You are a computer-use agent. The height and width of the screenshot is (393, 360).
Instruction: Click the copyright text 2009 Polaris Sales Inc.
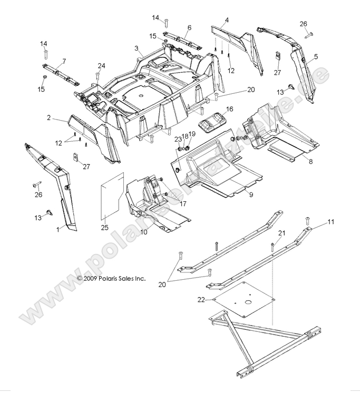[x=111, y=278]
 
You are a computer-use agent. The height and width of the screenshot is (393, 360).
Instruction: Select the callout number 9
[x=251, y=195]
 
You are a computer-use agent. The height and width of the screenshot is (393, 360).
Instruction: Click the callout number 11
[x=331, y=222]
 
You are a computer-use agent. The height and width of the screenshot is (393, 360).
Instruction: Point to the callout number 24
[x=101, y=66]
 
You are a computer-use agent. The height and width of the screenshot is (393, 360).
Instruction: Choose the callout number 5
[x=316, y=56]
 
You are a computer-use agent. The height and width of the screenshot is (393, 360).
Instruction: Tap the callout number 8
[x=311, y=162]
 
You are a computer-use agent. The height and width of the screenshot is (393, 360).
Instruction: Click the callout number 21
[x=281, y=233]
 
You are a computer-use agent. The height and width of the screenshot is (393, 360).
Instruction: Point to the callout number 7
[x=64, y=61]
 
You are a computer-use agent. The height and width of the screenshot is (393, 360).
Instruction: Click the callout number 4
[x=226, y=21]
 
